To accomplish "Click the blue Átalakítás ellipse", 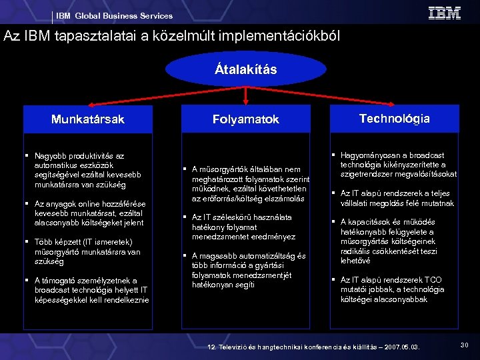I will [x=246, y=70].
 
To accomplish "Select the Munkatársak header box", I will [x=88, y=119].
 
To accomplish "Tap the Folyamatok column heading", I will [x=246, y=119].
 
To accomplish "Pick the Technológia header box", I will [x=394, y=119].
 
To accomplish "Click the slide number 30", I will [x=464, y=345].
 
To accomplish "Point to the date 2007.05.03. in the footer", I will [x=397, y=347].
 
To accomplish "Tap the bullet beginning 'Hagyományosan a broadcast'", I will [x=397, y=165].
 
